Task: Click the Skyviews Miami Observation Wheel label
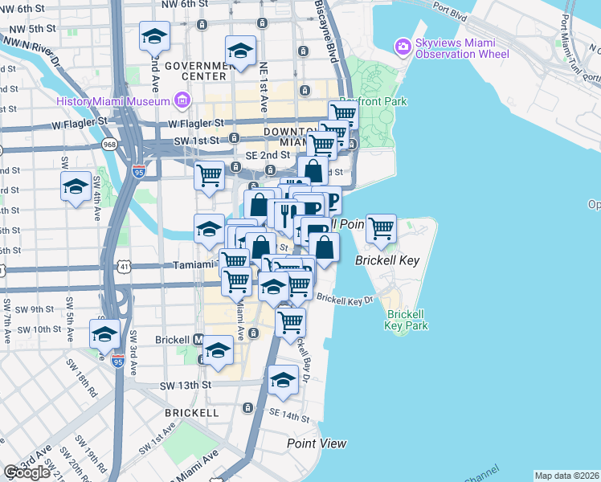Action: pos(462,47)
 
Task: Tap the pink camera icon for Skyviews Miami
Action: pos(403,47)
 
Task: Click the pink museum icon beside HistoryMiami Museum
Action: pos(182,100)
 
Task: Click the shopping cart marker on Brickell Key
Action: pos(381,228)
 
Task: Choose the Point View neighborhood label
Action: pos(317,443)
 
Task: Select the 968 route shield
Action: pos(109,145)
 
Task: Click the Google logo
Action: pos(27,472)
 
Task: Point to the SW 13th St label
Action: pos(189,385)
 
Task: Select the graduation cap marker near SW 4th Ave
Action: pos(76,188)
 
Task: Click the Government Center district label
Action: pos(195,71)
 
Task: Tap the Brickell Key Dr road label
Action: pos(345,299)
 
